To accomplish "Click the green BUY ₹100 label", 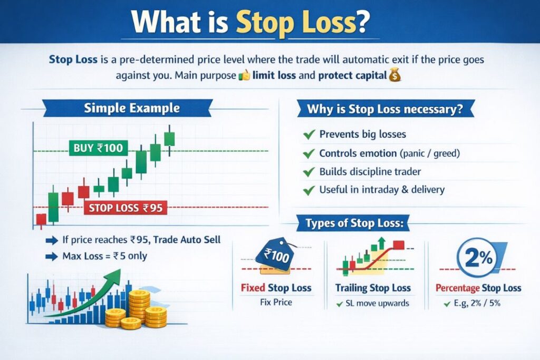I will (98, 148).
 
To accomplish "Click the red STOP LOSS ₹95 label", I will (126, 208).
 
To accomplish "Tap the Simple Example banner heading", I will (132, 109).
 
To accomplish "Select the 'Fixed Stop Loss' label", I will (276, 288).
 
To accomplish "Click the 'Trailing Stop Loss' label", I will (373, 288).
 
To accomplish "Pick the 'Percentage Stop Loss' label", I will (478, 288).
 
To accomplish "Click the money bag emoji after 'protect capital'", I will (394, 75).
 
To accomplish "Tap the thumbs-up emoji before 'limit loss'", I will (244, 75).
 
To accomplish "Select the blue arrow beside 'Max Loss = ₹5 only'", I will (52, 257).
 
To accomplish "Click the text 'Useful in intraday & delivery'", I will (382, 190).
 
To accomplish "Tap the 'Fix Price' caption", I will (276, 303).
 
